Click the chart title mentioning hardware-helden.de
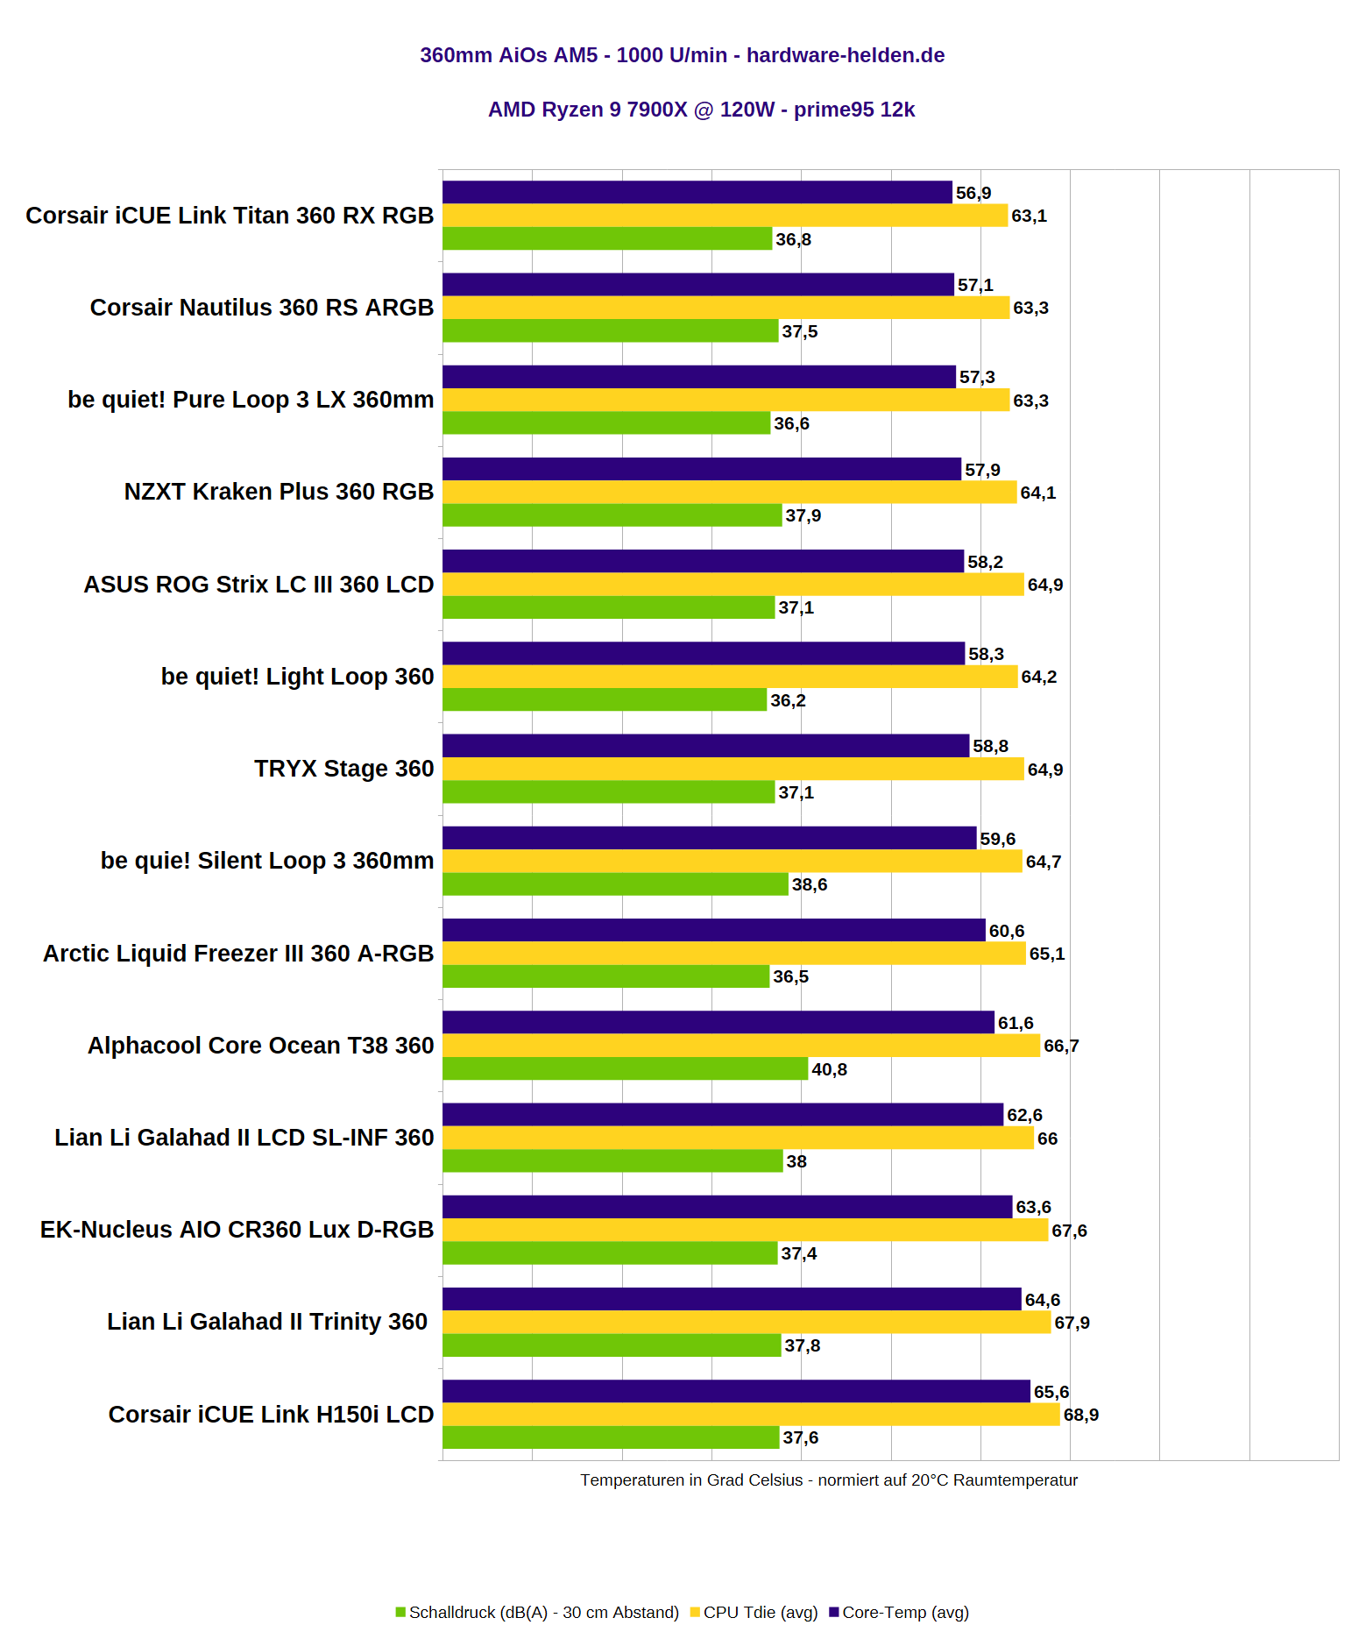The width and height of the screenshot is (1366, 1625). pos(682,55)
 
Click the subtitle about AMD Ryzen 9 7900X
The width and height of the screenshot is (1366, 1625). pos(701,110)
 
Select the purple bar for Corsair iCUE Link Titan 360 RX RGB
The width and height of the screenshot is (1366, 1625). pos(697,192)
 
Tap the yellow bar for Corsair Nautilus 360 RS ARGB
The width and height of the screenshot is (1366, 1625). pos(725,308)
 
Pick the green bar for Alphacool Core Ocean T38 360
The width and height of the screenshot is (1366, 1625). pos(625,1068)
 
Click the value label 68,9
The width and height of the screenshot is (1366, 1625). pos(1080,1415)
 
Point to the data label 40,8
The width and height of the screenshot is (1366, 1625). pos(829,1069)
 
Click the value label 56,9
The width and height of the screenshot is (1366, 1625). pos(973,193)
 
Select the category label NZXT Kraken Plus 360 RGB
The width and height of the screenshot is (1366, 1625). pos(279,492)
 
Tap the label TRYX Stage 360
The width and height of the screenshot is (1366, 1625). pos(343,769)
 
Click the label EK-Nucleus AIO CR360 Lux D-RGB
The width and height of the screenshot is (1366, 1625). pos(237,1230)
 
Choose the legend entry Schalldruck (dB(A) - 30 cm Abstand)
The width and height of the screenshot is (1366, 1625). pos(537,1612)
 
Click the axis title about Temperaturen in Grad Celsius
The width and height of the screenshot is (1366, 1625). pos(828,1480)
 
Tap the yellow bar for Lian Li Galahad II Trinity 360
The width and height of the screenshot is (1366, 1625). pos(746,1322)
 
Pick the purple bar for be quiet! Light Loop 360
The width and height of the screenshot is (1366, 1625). pos(703,653)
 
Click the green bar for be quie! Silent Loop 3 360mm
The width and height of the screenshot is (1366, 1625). pos(615,883)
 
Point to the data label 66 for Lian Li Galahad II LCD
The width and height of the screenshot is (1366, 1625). pos(1047,1139)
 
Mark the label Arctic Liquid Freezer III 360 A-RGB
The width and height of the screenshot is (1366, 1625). pos(238,954)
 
